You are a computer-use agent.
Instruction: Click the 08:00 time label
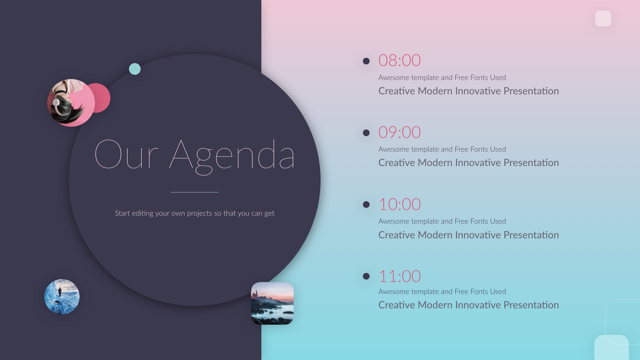(x=399, y=60)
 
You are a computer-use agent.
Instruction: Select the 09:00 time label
(x=399, y=132)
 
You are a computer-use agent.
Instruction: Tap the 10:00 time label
(x=400, y=204)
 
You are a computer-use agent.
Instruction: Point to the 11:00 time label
(x=400, y=276)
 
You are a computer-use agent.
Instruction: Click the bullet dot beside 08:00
(x=366, y=61)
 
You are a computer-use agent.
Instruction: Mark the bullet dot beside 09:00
(x=366, y=133)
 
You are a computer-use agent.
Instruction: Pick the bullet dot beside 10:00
(x=366, y=204)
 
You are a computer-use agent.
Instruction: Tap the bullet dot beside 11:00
(x=366, y=276)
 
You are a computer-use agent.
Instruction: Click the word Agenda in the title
(x=232, y=157)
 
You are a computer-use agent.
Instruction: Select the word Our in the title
(x=126, y=154)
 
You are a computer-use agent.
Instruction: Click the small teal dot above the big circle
(x=135, y=69)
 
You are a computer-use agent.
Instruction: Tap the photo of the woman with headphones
(x=71, y=103)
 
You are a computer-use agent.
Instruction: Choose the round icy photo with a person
(x=62, y=297)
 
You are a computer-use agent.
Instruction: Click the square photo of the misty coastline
(x=272, y=303)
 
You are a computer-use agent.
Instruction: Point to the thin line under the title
(x=195, y=192)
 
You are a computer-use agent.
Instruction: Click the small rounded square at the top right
(x=603, y=18)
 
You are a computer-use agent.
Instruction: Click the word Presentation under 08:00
(x=531, y=91)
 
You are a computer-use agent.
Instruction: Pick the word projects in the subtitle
(x=199, y=214)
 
